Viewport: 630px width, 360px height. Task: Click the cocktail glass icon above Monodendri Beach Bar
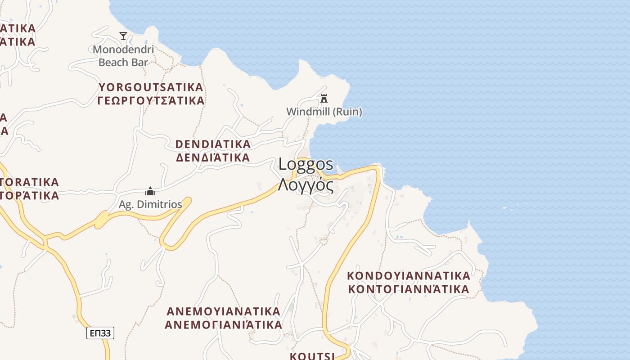point(123,36)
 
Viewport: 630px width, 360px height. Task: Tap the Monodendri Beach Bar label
point(123,56)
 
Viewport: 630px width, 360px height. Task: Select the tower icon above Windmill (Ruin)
point(324,98)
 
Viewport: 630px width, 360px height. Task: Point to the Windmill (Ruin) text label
point(324,111)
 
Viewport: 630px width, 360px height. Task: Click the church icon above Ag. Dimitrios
point(150,192)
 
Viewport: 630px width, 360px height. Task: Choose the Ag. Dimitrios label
point(150,204)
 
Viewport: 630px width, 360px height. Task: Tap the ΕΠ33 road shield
point(100,333)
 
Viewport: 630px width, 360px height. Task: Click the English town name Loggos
point(306,164)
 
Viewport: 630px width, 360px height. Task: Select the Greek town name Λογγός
point(306,184)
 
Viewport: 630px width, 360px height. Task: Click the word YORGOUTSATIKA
point(151,87)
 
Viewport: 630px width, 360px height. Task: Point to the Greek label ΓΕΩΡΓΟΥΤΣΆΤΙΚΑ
point(151,100)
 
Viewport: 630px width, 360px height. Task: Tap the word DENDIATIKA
point(213,144)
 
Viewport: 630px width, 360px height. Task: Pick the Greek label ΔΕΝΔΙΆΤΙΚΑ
point(213,157)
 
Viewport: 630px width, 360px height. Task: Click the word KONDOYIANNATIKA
point(409,275)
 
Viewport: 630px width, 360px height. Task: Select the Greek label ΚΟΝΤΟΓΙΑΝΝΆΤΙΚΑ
point(409,288)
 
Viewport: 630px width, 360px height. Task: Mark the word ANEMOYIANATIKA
point(224,311)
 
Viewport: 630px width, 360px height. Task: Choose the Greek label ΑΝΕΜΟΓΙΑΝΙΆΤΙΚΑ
point(224,324)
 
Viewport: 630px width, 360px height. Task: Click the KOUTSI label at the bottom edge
point(312,356)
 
